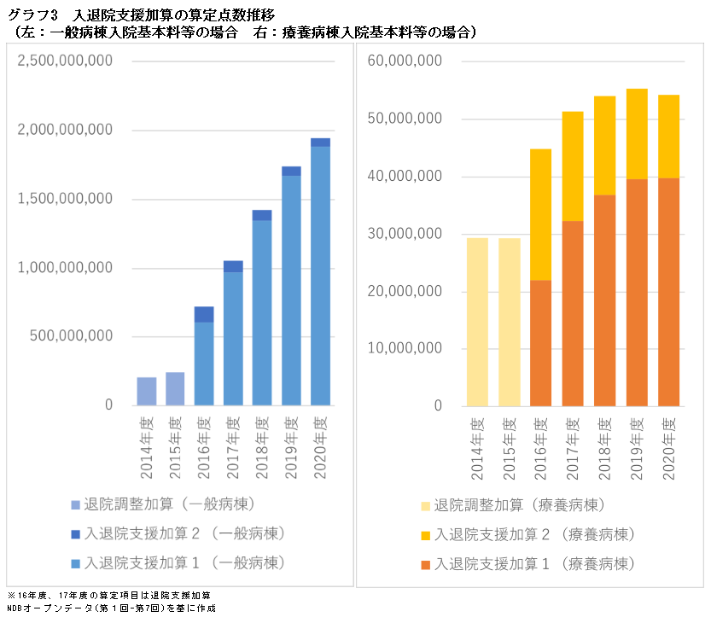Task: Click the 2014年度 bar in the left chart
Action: click(x=147, y=391)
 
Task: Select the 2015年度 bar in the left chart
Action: click(x=175, y=388)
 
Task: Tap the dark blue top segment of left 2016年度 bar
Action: click(x=204, y=314)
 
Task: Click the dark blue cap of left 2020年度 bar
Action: click(x=320, y=143)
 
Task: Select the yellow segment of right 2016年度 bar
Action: click(x=541, y=215)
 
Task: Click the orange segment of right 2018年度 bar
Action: click(x=604, y=300)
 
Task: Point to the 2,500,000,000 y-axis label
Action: click(x=66, y=61)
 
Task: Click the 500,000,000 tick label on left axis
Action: click(x=73, y=336)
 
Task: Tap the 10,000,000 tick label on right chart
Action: click(x=411, y=348)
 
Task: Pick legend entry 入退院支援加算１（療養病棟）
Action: click(x=533, y=563)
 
